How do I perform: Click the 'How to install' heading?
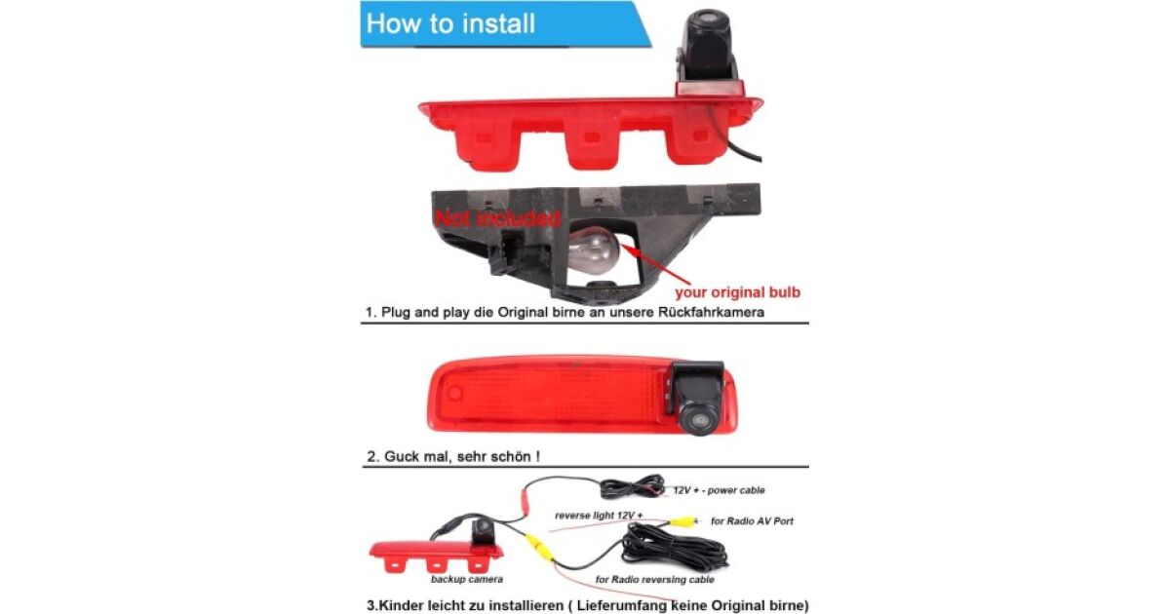[450, 23]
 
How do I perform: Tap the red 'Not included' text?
[497, 218]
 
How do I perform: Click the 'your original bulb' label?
[737, 292]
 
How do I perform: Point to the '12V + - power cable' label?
[719, 490]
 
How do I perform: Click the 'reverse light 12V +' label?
[599, 516]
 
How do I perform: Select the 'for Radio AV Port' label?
[752, 521]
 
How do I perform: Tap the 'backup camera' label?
[467, 579]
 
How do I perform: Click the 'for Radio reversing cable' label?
[654, 579]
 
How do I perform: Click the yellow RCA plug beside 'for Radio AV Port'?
[683, 521]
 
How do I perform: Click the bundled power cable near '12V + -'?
[632, 487]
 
